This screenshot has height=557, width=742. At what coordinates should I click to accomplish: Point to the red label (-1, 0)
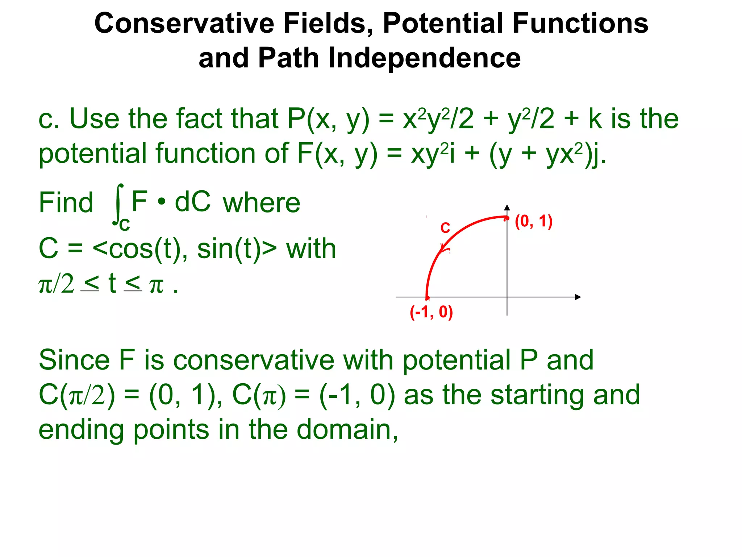(x=431, y=312)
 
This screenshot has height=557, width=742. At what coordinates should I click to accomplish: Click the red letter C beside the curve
(x=445, y=228)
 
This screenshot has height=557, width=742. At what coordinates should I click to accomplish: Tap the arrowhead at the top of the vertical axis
(x=507, y=208)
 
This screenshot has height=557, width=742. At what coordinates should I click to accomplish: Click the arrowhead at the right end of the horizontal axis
(x=578, y=297)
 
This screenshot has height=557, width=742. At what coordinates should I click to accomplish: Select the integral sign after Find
(x=118, y=204)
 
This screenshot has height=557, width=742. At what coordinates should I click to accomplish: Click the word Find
(x=66, y=203)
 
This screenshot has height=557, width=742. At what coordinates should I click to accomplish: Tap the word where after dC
(x=261, y=203)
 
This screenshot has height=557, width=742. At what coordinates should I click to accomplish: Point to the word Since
(x=74, y=360)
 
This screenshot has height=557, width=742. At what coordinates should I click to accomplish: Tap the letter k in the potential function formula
(x=595, y=119)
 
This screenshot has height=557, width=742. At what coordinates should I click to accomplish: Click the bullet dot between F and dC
(x=162, y=201)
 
